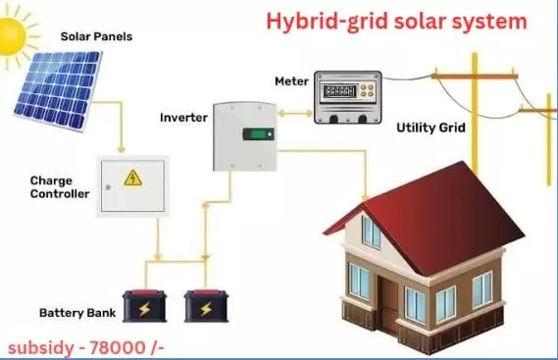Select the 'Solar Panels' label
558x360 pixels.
click(x=97, y=36)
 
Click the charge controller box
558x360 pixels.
click(x=132, y=185)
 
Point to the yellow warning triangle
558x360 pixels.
click(x=131, y=178)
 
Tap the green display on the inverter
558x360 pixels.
click(x=258, y=134)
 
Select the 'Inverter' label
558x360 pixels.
click(x=183, y=118)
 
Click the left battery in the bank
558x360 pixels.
click(x=145, y=306)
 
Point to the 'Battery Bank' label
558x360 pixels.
click(x=76, y=314)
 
